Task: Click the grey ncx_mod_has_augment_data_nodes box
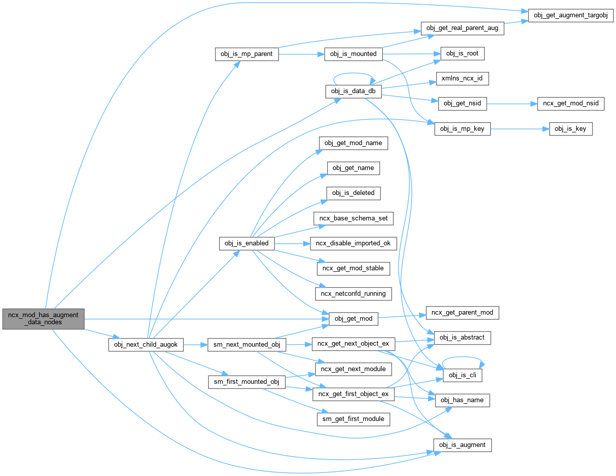point(43,319)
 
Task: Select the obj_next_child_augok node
point(145,345)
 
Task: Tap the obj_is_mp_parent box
point(247,53)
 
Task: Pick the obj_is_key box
point(571,129)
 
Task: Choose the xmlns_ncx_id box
point(463,79)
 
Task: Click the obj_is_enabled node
point(247,243)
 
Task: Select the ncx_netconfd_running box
point(354,293)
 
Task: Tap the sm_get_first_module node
point(354,419)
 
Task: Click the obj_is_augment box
point(463,445)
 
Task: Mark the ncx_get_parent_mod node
point(462,313)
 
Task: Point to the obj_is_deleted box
point(353,193)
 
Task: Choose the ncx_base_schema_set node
point(354,218)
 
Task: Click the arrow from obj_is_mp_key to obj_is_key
point(520,129)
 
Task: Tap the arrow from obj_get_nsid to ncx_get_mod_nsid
point(512,104)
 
